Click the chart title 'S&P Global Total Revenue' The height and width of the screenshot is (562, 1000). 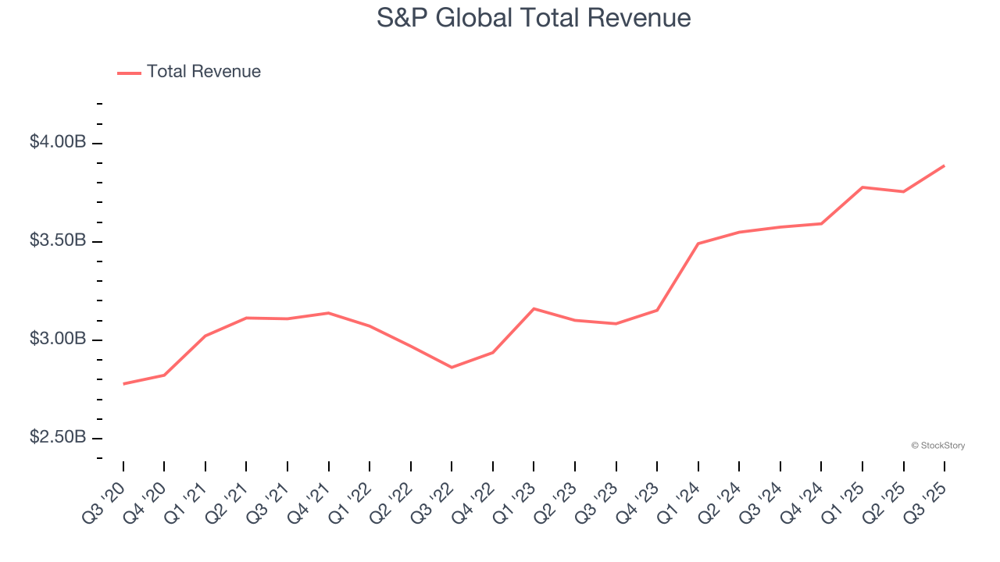534,18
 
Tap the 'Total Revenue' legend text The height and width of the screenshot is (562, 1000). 203,72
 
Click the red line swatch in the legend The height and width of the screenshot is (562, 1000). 129,73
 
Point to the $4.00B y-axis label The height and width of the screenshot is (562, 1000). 58,142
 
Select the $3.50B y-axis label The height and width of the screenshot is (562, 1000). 58,240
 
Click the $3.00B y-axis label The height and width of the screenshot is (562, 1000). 58,339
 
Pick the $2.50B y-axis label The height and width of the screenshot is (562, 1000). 58,437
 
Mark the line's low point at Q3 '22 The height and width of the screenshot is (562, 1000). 452,367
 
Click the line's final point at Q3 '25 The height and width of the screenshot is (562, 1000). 944,165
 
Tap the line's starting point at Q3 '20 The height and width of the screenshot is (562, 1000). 123,384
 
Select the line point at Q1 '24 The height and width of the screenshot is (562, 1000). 698,244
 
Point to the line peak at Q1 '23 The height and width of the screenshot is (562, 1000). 534,308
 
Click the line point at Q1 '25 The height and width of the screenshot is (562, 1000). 862,187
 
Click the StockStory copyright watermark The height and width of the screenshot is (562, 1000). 937,446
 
